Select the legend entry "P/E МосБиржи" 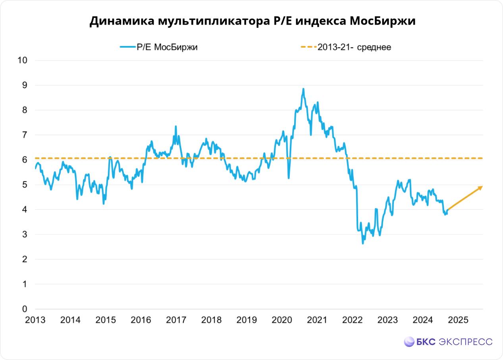coord(167,47)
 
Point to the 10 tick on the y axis coord(22,60)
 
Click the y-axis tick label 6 coord(25,160)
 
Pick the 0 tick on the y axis coord(25,309)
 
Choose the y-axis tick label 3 coord(25,234)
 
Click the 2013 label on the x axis coord(35,320)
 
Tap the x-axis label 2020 coord(282,320)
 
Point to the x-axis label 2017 coord(176,320)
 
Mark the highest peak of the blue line coord(303,89)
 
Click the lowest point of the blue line coord(362,243)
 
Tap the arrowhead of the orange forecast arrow coord(481,187)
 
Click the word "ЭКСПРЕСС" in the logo coord(466,342)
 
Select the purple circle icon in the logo coord(409,342)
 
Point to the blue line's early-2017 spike coord(175,127)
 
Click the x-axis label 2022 coord(353,320)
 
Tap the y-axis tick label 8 coord(25,110)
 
